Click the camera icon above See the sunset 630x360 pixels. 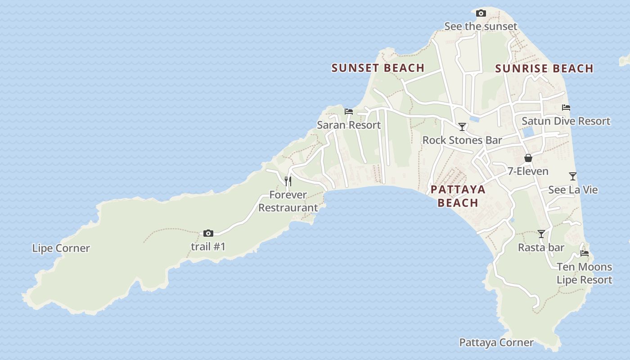tap(481, 13)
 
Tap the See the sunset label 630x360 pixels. tap(481, 27)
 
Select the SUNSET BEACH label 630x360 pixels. tap(378, 68)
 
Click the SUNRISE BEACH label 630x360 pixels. tap(544, 68)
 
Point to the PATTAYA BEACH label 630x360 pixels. tap(458, 196)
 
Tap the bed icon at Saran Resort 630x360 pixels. tap(349, 112)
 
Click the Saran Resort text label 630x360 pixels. tap(349, 125)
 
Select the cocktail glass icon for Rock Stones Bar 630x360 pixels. tap(462, 126)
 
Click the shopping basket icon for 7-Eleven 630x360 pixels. tap(528, 158)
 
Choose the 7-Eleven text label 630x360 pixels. tap(528, 171)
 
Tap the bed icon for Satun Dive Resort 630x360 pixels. tap(566, 108)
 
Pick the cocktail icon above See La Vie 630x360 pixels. tap(573, 176)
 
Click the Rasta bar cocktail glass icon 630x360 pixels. tap(541, 234)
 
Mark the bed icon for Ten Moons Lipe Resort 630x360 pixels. tap(585, 253)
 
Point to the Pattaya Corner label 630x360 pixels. tap(496, 342)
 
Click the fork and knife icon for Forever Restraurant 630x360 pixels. tap(288, 181)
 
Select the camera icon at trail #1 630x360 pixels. tap(208, 233)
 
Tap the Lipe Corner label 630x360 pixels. tap(61, 248)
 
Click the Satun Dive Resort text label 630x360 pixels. tap(566, 121)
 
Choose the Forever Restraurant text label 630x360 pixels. tap(288, 201)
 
